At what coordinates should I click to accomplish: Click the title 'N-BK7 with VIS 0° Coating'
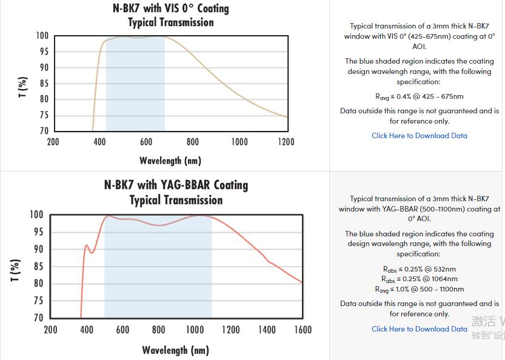click(x=170, y=8)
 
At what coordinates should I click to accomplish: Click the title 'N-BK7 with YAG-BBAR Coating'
click(x=176, y=185)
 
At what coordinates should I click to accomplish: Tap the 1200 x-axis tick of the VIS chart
click(x=286, y=142)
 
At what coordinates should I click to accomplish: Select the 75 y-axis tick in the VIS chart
click(x=44, y=115)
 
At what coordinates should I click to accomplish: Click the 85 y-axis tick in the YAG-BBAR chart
click(x=38, y=266)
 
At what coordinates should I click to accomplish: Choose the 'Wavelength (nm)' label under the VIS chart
click(x=170, y=161)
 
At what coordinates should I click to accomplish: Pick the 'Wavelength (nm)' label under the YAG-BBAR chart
click(x=176, y=350)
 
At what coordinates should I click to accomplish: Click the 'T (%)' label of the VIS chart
click(x=22, y=87)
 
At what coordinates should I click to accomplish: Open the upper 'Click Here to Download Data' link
click(x=420, y=136)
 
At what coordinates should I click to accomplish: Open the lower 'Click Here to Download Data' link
click(x=420, y=328)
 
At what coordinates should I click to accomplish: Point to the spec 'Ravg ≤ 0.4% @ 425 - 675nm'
click(x=420, y=96)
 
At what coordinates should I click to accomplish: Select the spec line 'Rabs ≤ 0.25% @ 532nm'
click(x=420, y=269)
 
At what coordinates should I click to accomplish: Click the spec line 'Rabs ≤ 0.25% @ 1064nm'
click(x=420, y=279)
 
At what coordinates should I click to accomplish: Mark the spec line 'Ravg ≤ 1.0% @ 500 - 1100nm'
click(x=420, y=289)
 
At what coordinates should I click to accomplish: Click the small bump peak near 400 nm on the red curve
click(x=87, y=245)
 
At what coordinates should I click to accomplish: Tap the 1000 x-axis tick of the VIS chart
click(x=239, y=142)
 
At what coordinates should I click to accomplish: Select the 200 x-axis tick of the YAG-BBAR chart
click(x=51, y=330)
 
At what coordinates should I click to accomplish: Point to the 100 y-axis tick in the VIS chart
click(x=42, y=36)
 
